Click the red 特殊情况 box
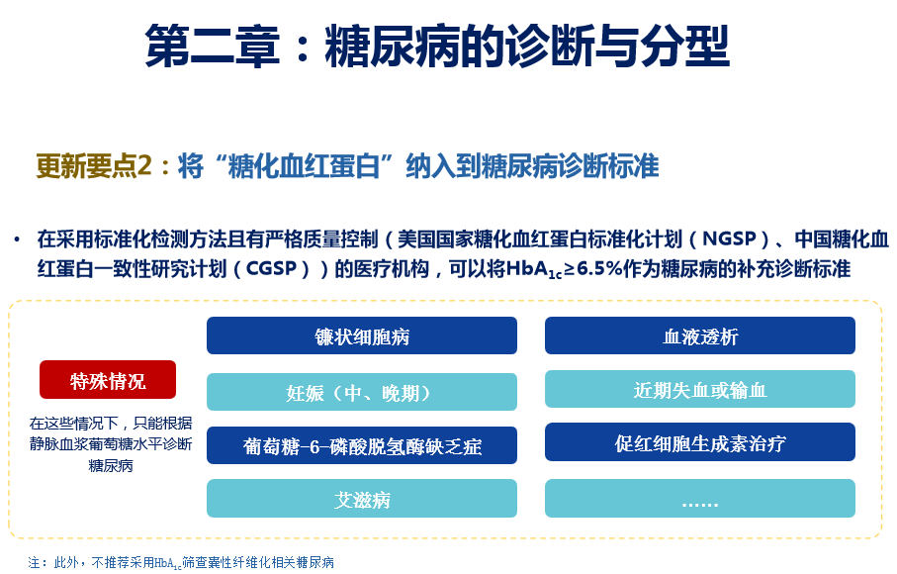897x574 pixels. coord(108,379)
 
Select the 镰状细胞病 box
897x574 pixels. coord(362,335)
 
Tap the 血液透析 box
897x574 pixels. coord(699,335)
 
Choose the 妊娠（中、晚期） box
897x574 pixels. coord(362,392)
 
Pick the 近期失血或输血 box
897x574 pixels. coord(699,389)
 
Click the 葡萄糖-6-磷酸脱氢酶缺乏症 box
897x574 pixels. coord(362,445)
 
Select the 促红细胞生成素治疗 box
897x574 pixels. coord(699,441)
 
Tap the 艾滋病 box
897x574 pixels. coord(362,499)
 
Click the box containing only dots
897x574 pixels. coord(699,499)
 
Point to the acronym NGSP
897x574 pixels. coord(730,239)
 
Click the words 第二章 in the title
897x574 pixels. coord(213,46)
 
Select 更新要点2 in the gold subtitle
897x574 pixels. coord(94,166)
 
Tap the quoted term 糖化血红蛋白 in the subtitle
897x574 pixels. coord(304,166)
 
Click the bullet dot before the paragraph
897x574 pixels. coord(17,239)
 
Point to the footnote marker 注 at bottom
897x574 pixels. coord(34,562)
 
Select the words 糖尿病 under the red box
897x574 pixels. coord(111,466)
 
